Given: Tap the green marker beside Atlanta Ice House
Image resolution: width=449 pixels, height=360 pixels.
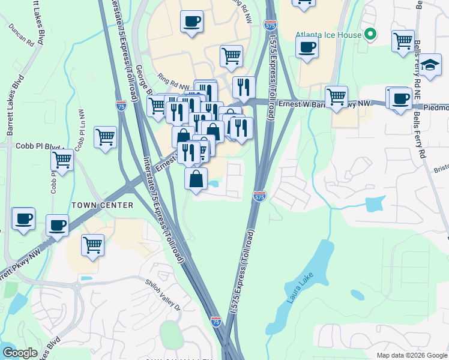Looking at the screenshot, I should click(371, 35).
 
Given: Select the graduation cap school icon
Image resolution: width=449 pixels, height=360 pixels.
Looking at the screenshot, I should click(430, 64).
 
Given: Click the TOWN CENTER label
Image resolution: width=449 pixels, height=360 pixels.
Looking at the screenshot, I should click(102, 205).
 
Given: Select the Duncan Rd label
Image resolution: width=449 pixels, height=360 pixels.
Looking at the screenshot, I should click(22, 35).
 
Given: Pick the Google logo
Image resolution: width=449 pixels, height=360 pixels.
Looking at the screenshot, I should click(20, 352).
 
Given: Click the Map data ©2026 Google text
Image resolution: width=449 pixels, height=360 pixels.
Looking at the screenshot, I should click(411, 355).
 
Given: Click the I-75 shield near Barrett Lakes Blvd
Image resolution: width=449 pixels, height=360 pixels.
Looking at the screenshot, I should click(121, 106).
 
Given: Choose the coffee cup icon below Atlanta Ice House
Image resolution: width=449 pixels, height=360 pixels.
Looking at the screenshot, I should click(307, 46).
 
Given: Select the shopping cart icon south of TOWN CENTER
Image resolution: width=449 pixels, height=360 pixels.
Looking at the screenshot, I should click(92, 244).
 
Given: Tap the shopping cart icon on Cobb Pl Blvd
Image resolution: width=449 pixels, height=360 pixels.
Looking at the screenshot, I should click(62, 159).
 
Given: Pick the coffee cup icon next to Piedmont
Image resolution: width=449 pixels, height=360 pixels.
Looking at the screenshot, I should click(400, 98).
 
